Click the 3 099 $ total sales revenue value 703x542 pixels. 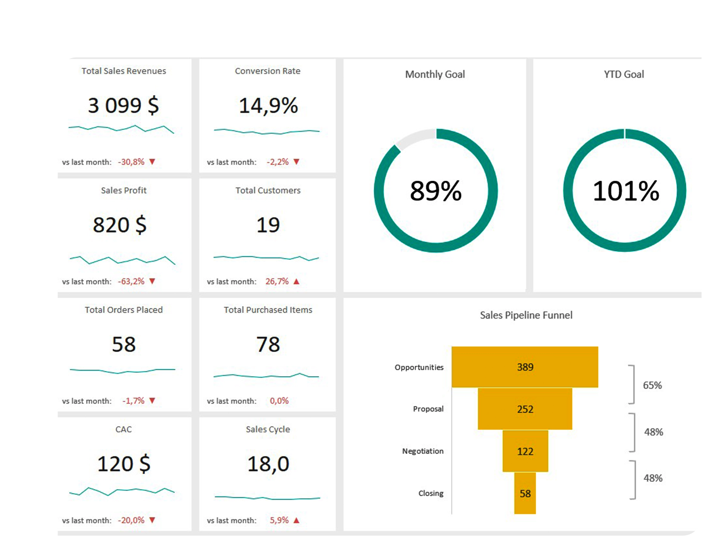pyautogui.click(x=123, y=105)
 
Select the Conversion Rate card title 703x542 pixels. pyautogui.click(x=267, y=71)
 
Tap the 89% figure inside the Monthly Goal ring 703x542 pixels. pyautogui.click(x=436, y=191)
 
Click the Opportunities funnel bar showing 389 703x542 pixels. pyautogui.click(x=525, y=367)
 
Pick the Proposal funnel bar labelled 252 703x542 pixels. pyautogui.click(x=525, y=409)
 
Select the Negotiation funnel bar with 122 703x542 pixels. pyautogui.click(x=525, y=451)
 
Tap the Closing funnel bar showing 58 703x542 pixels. pyautogui.click(x=525, y=493)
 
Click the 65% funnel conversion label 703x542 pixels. pyautogui.click(x=652, y=385)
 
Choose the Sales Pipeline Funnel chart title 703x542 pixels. pyautogui.click(x=526, y=315)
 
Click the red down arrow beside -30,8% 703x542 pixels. pyautogui.click(x=152, y=162)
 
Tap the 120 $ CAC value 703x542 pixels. pyautogui.click(x=124, y=464)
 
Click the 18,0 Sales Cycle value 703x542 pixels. pyautogui.click(x=268, y=464)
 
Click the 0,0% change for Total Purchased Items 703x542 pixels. pyautogui.click(x=279, y=401)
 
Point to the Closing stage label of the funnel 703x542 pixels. pyautogui.click(x=431, y=493)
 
